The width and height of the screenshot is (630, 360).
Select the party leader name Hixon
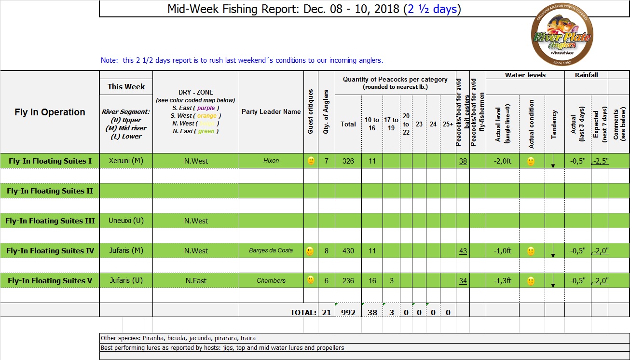pos(271,161)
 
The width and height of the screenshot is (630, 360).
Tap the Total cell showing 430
pos(348,251)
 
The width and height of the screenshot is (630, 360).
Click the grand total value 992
pos(348,312)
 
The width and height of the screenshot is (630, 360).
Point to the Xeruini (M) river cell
pos(126,161)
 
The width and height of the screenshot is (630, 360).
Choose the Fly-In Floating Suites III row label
pos(50,221)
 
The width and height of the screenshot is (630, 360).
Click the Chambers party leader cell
pos(271,281)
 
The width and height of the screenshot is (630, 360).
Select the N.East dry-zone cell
pos(196,281)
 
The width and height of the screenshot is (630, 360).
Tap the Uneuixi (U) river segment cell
pos(125,221)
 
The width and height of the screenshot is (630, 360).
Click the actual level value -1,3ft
pos(502,281)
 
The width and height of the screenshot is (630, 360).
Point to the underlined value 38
pos(463,161)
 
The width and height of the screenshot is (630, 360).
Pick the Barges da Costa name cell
pos(271,251)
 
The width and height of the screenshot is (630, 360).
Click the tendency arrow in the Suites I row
pos(553,162)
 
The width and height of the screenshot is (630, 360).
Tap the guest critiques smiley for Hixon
pos(311,161)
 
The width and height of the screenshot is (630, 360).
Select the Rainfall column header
pos(586,75)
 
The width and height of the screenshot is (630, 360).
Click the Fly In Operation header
pos(50,112)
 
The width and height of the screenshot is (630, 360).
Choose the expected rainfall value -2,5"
pos(600,161)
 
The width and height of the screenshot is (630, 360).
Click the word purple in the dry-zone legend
pos(206,108)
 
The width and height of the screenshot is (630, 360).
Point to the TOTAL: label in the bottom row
pos(303,313)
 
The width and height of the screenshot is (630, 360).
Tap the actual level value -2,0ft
pos(502,161)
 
